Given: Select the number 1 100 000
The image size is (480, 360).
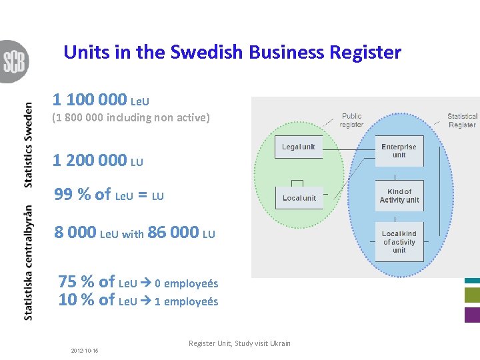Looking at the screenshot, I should coord(89,100).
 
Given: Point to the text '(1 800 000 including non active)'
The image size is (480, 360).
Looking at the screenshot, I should coord(131,119).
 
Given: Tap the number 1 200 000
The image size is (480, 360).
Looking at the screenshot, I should coord(89,160).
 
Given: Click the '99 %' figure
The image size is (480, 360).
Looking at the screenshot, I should coord(73,195).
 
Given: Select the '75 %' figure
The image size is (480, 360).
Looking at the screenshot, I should coord(77,282).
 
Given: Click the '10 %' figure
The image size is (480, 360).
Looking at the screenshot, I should coord(77,300).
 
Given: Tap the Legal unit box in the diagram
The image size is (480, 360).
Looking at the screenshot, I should coord(298,147).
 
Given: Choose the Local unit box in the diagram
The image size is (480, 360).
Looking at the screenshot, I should coord(299,198).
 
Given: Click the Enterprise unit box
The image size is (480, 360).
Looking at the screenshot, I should coord(399,151).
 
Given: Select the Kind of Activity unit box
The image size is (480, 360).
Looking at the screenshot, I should coord(399,196).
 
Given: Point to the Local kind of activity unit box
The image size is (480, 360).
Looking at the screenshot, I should coord(399,242).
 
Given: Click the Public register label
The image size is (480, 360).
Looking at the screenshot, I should coord(351,120).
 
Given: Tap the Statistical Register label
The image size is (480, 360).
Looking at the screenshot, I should coord(462,120).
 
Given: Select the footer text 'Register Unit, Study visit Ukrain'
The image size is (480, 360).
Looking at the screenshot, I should coord(239,343).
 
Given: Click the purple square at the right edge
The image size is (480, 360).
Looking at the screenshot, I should coord(472,315).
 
